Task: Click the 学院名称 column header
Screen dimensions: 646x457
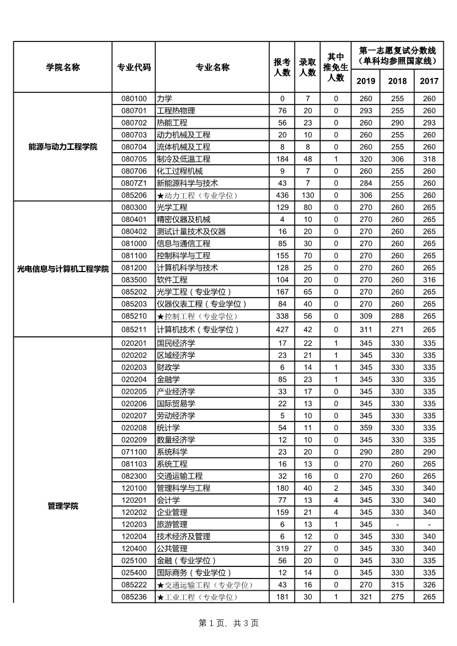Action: tap(63, 67)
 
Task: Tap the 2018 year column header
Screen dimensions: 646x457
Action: tap(397, 81)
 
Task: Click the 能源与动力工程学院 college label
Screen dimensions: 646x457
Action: tap(63, 147)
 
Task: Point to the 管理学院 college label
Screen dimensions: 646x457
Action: tap(63, 506)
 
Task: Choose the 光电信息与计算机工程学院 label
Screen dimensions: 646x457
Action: tap(63, 268)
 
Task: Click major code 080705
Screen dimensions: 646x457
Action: tap(134, 159)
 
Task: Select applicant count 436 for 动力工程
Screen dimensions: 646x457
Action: tap(282, 195)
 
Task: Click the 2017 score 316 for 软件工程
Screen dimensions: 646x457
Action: tap(429, 280)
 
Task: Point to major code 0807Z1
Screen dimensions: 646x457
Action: tap(134, 183)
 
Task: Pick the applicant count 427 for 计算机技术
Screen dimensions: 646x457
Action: tap(282, 330)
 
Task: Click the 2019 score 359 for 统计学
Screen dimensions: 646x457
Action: tap(366, 428)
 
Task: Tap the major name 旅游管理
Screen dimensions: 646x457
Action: tap(172, 524)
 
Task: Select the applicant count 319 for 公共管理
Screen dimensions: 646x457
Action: tap(282, 549)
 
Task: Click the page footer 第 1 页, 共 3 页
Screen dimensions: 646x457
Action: tap(228, 623)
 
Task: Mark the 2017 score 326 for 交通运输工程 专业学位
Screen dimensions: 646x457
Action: tap(429, 585)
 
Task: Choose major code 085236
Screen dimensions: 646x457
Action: tap(134, 597)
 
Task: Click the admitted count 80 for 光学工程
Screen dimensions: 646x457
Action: tap(308, 207)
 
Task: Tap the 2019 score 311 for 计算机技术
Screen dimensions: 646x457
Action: tap(366, 330)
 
